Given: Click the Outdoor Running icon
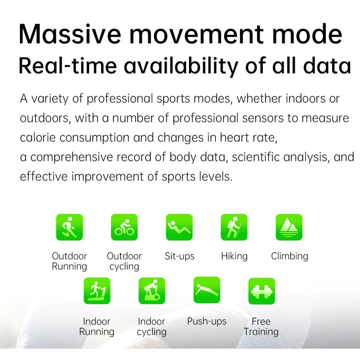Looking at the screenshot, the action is [69, 227].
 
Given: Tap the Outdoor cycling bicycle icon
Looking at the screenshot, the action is [124, 227].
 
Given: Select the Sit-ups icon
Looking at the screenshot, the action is [179, 227].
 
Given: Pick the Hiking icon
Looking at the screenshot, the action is [234, 227].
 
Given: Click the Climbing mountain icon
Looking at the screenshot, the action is [289, 227].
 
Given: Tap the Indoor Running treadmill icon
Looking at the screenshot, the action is [97, 291].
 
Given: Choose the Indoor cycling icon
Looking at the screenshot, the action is [152, 291].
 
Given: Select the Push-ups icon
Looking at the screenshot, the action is [207, 290].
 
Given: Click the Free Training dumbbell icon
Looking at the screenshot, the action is [261, 291].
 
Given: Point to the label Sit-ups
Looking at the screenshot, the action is [179, 256].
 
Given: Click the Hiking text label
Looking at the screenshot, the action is [234, 256].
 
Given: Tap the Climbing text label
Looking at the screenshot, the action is [289, 256].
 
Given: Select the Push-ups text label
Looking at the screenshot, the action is [207, 321].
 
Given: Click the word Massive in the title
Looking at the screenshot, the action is [70, 34].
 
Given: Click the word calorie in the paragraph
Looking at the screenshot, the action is [38, 138].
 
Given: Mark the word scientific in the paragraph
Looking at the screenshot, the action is [256, 157].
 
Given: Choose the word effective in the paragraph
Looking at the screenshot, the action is [44, 176].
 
